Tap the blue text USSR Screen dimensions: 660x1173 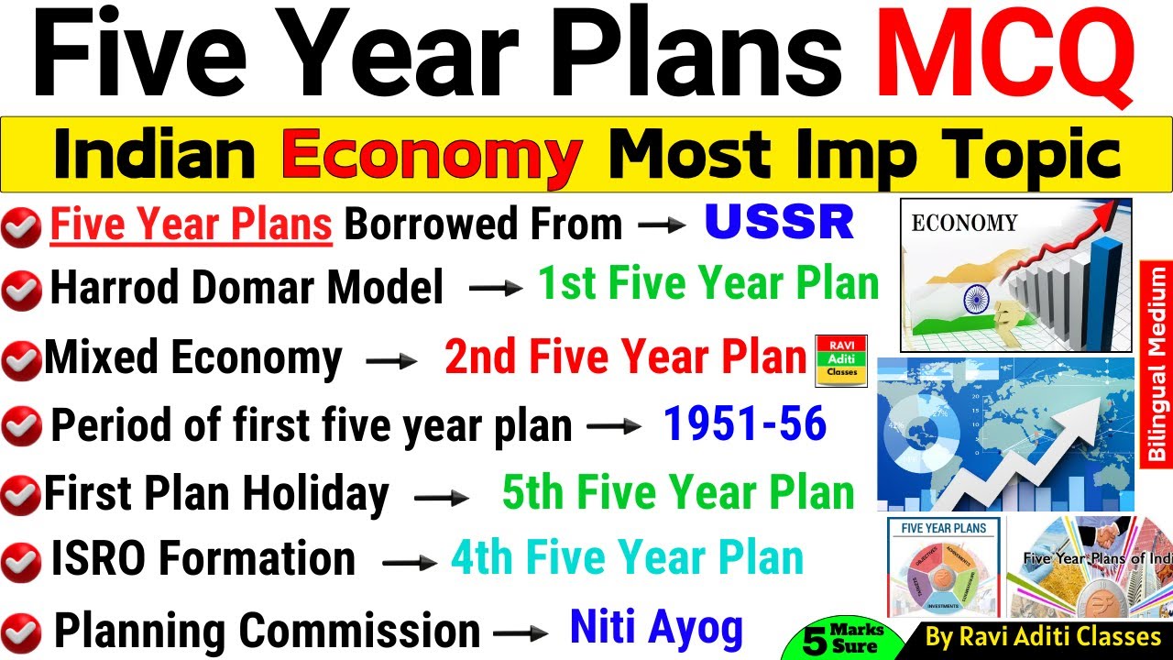[779, 222]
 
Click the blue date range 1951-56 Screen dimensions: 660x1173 [744, 423]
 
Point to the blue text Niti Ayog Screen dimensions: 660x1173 [656, 628]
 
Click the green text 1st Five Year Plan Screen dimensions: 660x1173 [707, 284]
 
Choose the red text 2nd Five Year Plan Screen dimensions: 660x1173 [625, 357]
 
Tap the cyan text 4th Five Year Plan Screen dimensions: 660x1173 [627, 558]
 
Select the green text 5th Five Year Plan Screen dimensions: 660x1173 [678, 492]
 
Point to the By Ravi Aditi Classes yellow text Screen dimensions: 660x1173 [1043, 636]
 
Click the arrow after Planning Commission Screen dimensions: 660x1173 [521, 633]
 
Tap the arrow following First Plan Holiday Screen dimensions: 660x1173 [442, 499]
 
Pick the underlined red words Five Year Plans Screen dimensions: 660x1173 [191, 224]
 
